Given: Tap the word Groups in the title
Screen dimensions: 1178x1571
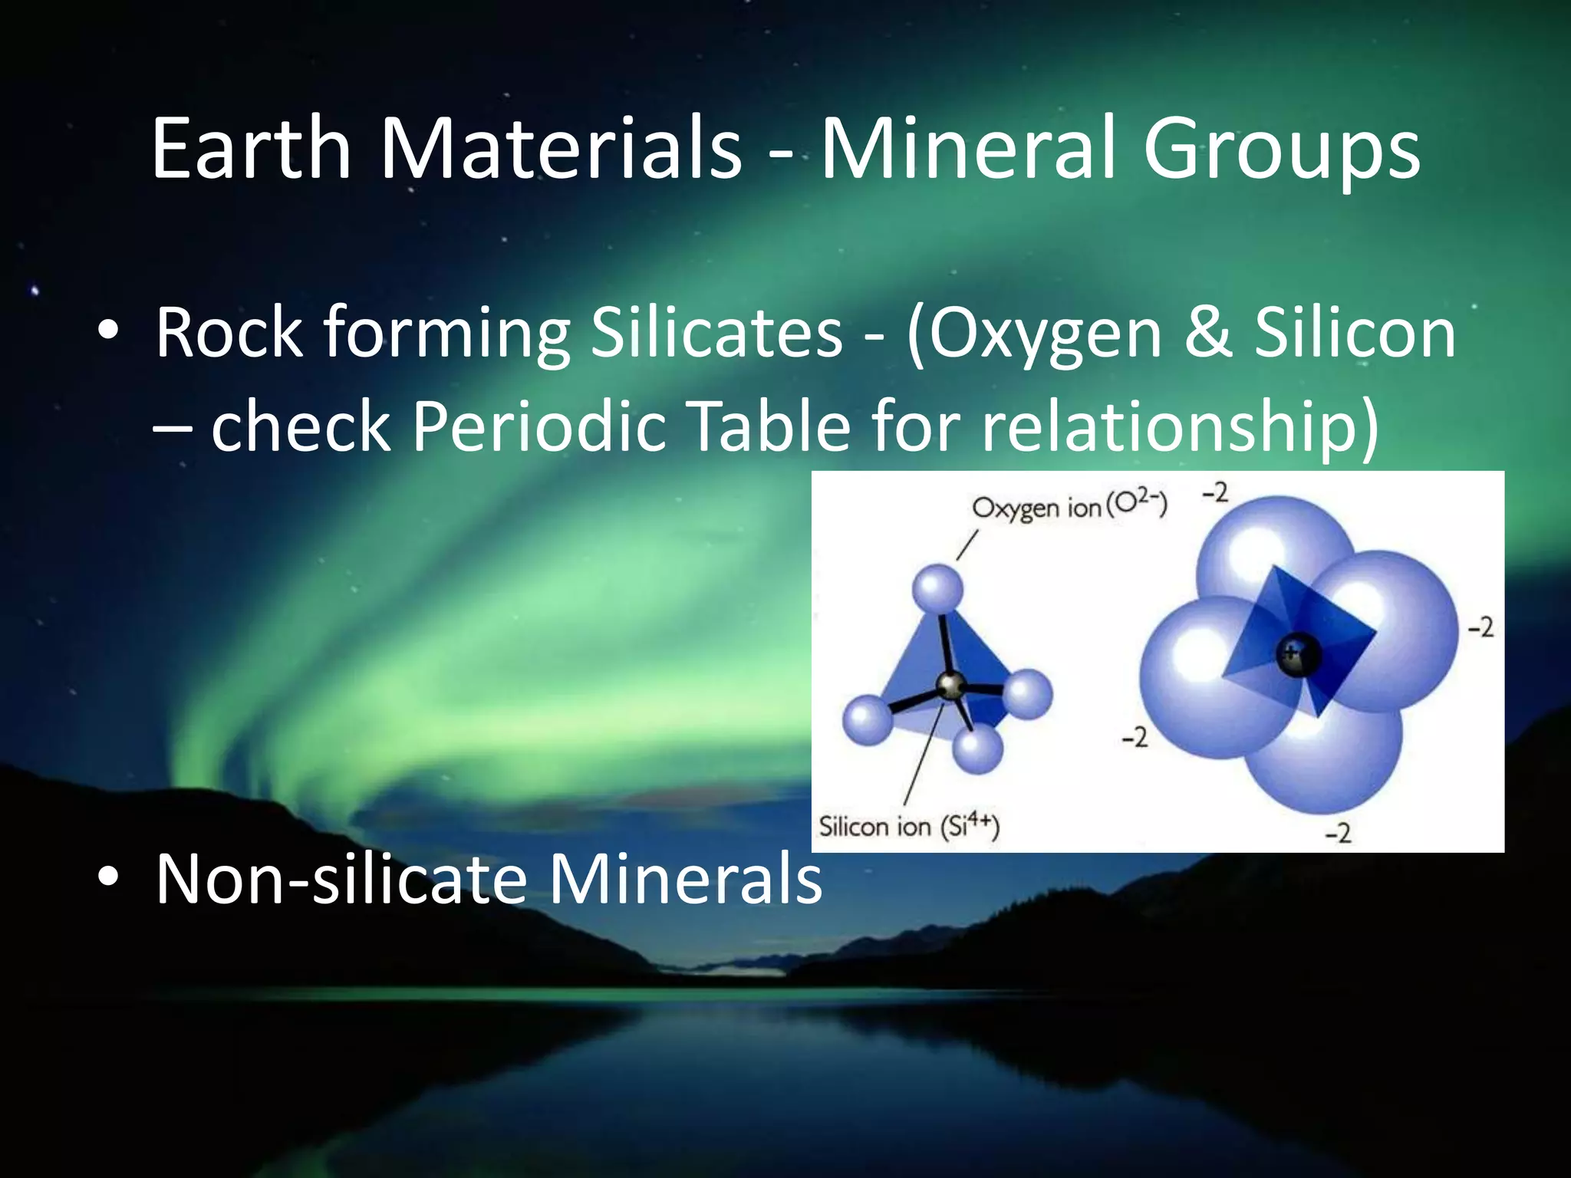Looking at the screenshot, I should [x=1281, y=150].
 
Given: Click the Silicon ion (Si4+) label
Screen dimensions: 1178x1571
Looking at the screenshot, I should [x=909, y=826].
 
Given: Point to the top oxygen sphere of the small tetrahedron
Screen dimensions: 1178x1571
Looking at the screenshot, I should [x=937, y=590].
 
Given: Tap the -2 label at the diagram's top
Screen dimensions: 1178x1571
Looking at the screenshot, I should [x=1215, y=493].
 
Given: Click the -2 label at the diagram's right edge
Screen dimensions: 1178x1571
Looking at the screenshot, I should [x=1480, y=628].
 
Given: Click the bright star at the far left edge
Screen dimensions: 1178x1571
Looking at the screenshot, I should [x=35, y=291].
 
